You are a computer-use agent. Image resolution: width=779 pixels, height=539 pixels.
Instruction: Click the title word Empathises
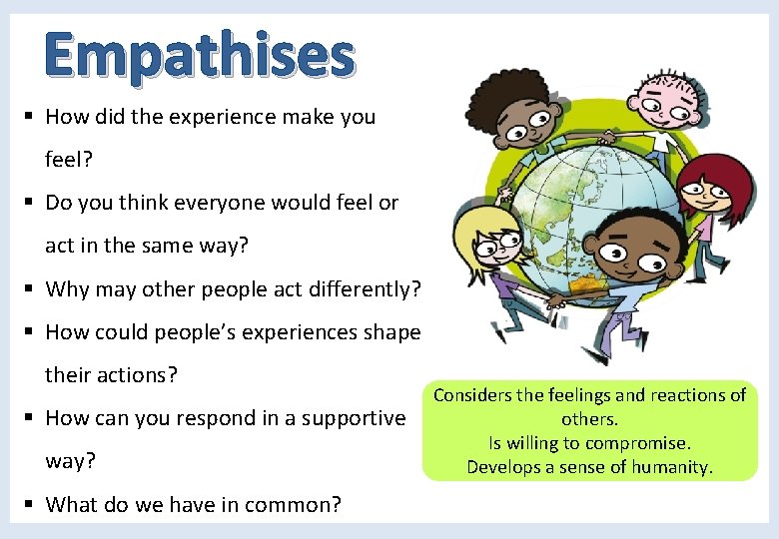200,55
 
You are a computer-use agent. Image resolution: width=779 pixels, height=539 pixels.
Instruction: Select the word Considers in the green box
471,395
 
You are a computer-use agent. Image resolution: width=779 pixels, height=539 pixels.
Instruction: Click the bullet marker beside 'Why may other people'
29,289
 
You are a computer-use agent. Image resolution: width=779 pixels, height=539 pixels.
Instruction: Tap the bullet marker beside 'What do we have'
29,505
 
